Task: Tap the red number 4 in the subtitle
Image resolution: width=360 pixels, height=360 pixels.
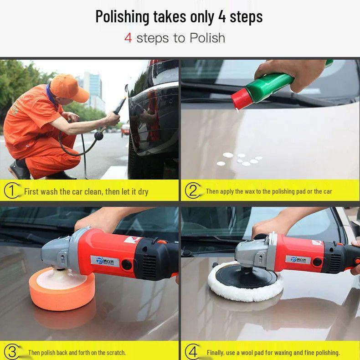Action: tap(128, 38)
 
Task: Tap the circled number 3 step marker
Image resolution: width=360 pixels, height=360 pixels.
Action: tap(12, 352)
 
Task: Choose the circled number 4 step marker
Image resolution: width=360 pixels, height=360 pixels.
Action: tap(193, 352)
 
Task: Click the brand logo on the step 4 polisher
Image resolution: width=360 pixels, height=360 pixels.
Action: tap(298, 259)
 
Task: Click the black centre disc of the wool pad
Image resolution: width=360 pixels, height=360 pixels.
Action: tap(246, 276)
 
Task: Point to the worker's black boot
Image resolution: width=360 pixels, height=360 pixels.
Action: tap(19, 170)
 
